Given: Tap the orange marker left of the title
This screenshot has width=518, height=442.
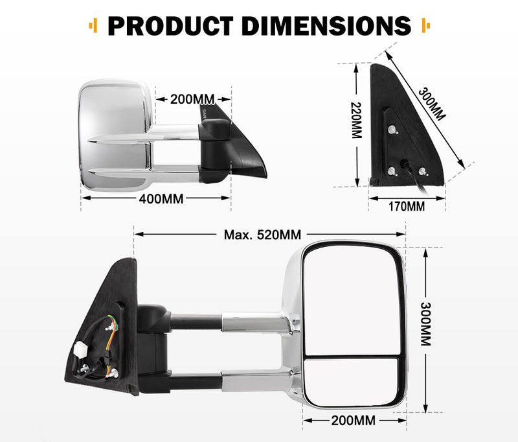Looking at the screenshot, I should [94, 27].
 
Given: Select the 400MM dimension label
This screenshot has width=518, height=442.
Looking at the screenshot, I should [161, 198].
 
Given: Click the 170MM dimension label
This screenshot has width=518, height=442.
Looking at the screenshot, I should [406, 207].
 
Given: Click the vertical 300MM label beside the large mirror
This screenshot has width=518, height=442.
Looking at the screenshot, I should [425, 324].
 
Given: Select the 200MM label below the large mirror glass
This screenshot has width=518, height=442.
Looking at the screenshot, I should [352, 421].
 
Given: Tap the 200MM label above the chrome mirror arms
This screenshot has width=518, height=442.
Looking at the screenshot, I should [192, 99].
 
